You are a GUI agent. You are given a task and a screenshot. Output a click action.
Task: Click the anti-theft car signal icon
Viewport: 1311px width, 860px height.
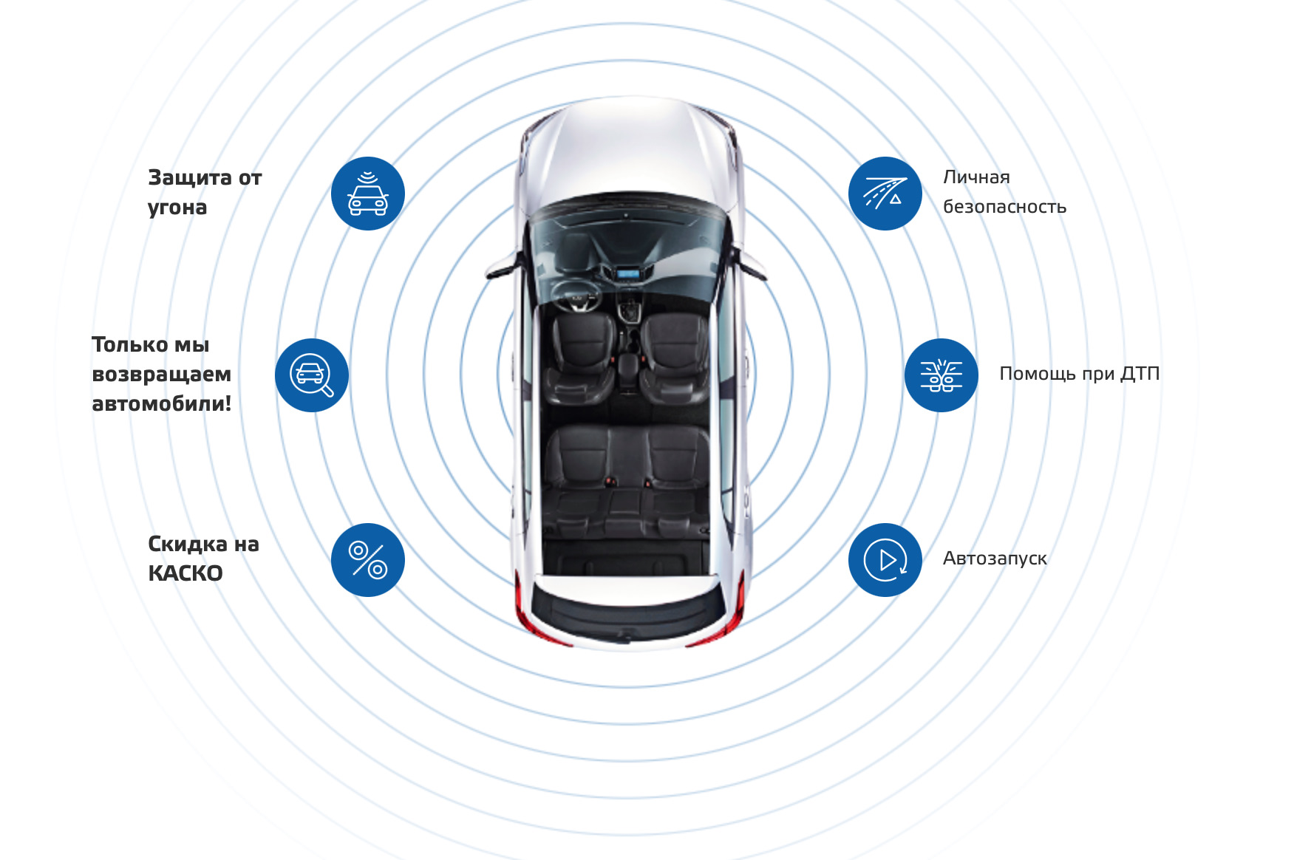367,194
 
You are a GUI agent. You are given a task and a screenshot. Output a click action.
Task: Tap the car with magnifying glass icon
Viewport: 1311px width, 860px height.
311,375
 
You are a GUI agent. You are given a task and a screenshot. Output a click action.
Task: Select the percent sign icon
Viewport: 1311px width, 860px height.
367,560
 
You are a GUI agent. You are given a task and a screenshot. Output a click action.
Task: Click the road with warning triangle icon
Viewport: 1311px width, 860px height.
885,194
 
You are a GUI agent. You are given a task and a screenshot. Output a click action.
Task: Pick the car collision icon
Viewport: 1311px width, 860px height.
941,375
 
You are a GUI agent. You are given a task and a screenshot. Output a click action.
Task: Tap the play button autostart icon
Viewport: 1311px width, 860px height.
885,560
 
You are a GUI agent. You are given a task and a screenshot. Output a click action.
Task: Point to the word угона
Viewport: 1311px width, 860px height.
177,208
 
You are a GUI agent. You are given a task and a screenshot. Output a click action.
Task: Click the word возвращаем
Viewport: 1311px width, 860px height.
161,375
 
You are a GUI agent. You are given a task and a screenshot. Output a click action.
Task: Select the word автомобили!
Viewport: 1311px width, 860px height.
161,404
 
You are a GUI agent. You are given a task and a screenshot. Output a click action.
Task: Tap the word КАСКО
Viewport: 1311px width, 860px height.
185,573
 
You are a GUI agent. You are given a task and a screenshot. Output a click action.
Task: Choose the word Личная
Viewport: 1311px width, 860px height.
976,177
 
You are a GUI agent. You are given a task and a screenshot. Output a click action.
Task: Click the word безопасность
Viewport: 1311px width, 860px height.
1004,207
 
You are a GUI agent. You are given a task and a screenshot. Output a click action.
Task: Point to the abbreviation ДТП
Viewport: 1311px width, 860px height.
1139,374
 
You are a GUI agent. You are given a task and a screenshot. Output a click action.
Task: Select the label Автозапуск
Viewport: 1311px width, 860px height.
995,559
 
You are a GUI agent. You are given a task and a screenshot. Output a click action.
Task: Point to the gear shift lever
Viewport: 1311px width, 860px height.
629,310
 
